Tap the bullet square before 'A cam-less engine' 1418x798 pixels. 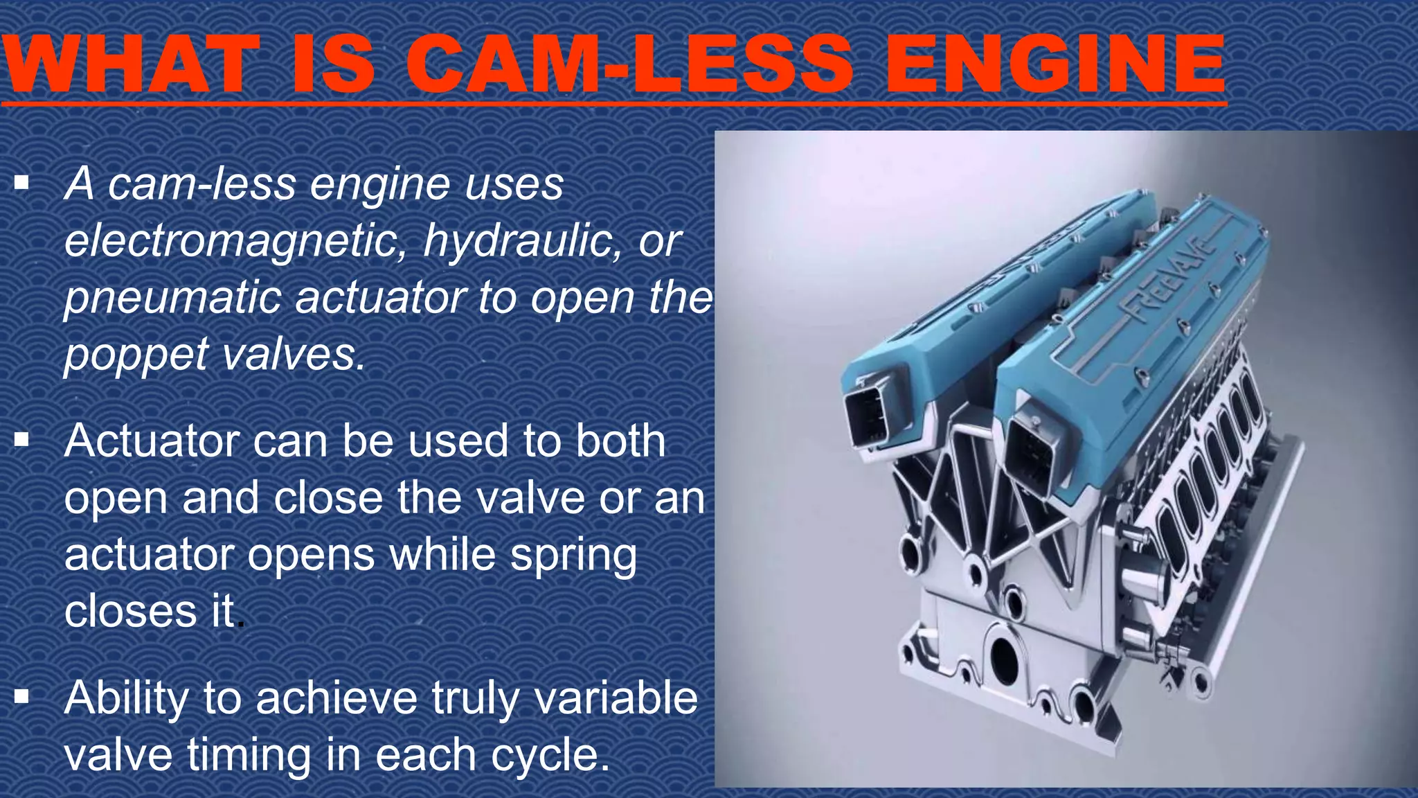click(22, 183)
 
